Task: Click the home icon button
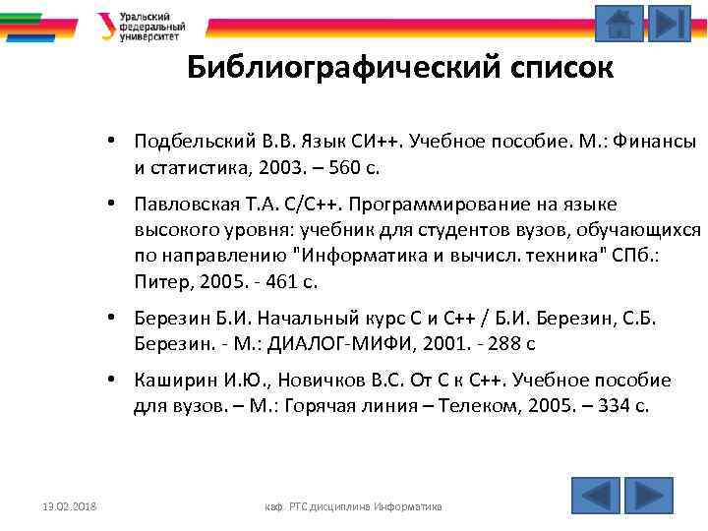point(619,23)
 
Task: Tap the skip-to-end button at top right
point(671,23)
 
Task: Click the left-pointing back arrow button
point(596,495)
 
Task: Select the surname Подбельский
point(185,143)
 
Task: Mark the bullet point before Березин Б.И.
point(115,319)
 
